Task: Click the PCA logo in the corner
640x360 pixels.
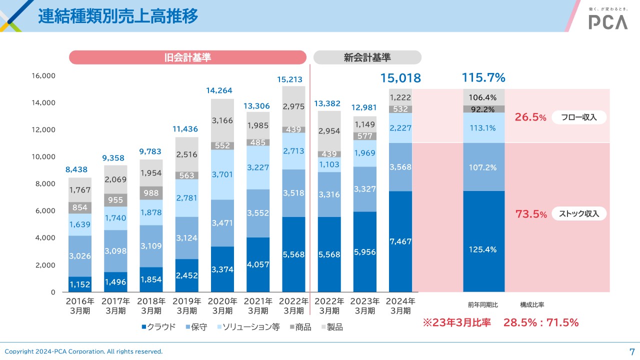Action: [x=607, y=21]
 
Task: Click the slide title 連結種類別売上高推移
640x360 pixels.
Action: [x=118, y=16]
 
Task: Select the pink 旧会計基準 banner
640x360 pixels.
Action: [x=187, y=57]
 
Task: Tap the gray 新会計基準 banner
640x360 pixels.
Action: [x=367, y=57]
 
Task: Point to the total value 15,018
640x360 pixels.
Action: [x=400, y=78]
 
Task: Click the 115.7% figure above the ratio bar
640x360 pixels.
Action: [x=483, y=77]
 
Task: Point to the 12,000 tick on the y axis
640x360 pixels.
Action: [x=44, y=129]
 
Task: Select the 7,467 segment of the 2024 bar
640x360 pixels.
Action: [x=400, y=241]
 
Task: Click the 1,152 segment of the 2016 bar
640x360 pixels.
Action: [x=79, y=284]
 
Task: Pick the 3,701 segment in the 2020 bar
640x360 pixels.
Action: [x=222, y=174]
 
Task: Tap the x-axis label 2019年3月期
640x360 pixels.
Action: [x=187, y=306]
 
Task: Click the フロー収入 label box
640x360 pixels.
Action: [x=579, y=117]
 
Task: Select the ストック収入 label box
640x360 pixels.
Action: [x=579, y=214]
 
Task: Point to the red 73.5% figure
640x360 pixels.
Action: [x=530, y=214]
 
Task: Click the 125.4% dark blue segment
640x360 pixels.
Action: [x=483, y=249]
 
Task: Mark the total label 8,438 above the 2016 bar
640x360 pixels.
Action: [x=76, y=170]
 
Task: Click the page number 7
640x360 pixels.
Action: [x=631, y=350]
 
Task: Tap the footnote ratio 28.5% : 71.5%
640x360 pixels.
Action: [x=540, y=322]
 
